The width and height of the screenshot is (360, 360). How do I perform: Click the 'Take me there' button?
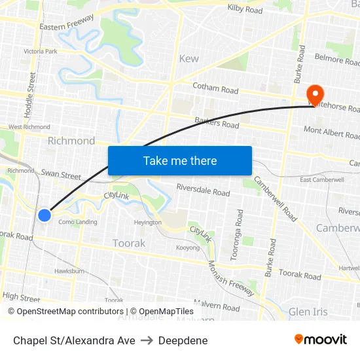[x=180, y=160]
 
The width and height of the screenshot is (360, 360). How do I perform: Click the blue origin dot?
[x=45, y=215]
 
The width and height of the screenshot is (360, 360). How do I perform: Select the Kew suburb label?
[x=189, y=58]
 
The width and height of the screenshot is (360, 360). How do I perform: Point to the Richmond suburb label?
[x=71, y=141]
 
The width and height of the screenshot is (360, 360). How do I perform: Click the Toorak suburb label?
[x=129, y=243]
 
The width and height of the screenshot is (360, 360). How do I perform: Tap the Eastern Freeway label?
[x=67, y=22]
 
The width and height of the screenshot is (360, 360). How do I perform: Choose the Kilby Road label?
[x=245, y=10]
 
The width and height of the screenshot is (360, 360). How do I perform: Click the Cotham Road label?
[x=215, y=89]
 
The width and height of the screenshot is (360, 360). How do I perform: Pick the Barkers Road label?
[x=217, y=122]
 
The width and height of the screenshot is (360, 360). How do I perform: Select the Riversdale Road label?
[x=203, y=192]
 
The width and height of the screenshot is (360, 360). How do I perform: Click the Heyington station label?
[x=147, y=223]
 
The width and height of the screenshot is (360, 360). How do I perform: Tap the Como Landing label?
[x=78, y=222]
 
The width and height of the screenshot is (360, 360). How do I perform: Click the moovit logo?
[x=321, y=339]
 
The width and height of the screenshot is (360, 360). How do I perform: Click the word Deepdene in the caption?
[x=183, y=340]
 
